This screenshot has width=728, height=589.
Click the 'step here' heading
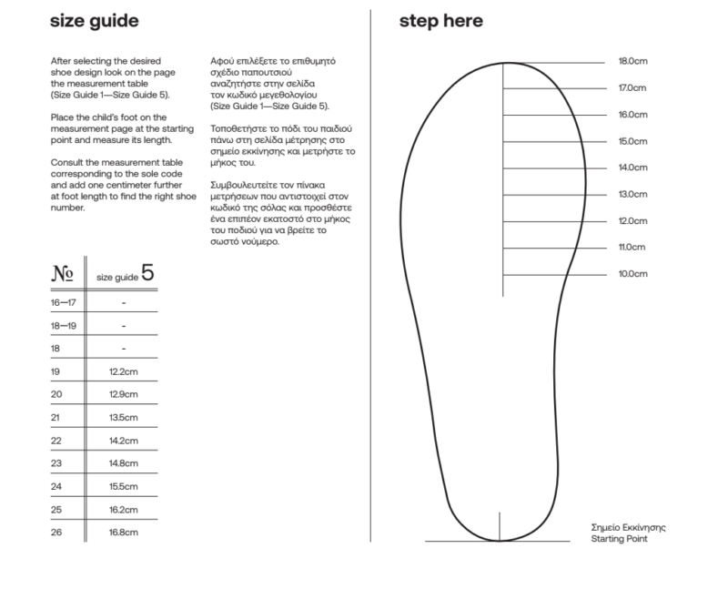[440, 20]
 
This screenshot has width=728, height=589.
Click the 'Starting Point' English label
[619, 539]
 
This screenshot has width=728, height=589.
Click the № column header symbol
[62, 274]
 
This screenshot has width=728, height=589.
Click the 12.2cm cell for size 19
[123, 371]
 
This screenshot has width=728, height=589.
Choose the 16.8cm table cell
[123, 532]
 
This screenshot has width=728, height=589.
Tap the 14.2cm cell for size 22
[123, 440]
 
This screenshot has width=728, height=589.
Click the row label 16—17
[63, 301]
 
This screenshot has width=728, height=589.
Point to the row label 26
[56, 532]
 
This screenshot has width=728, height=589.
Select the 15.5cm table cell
[123, 486]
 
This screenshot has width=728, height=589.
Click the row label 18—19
[63, 325]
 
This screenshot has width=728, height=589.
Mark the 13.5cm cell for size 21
[123, 417]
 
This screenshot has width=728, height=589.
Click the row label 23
[56, 463]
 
